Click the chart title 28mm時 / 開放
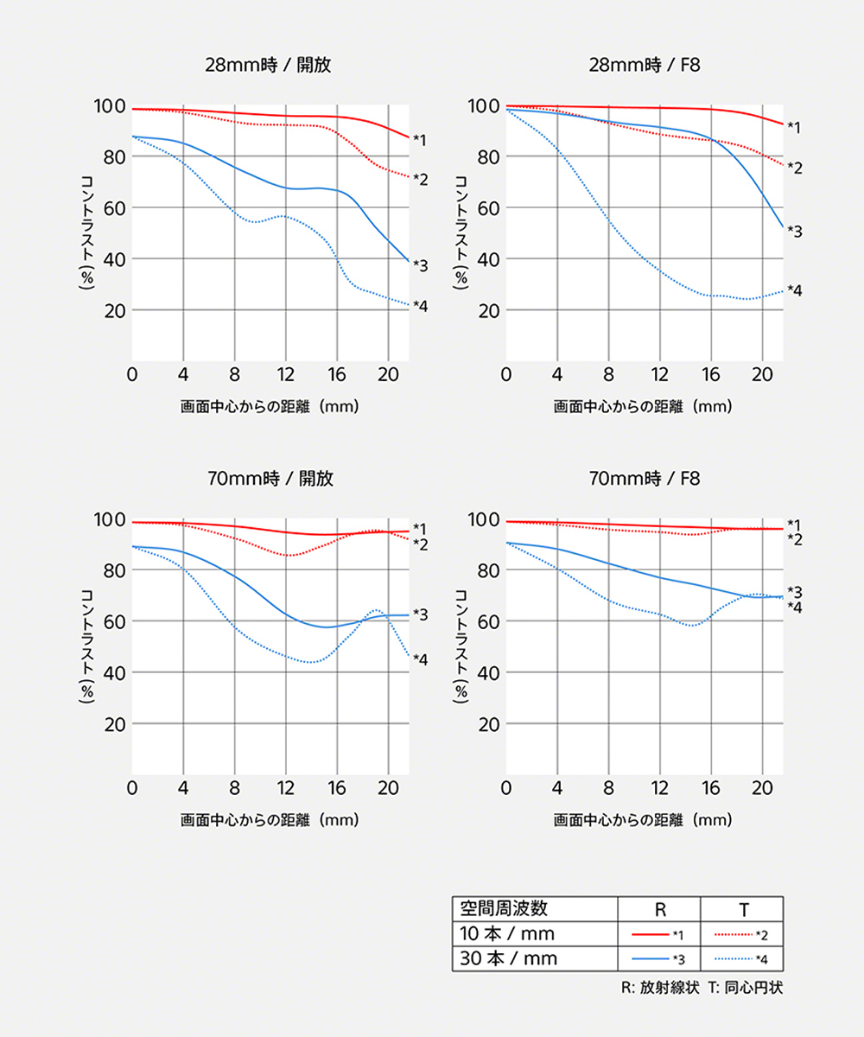coord(269,65)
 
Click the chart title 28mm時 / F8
coord(643,65)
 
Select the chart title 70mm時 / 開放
coord(269,478)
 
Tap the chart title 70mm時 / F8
coord(643,478)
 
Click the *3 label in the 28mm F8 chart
coord(795,232)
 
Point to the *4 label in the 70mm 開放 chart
coord(420,659)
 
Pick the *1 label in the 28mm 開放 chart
coord(420,139)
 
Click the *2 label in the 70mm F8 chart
coord(795,539)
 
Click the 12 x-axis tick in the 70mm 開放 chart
coord(286,787)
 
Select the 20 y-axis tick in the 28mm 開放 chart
coord(114,310)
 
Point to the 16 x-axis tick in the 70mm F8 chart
coord(711,787)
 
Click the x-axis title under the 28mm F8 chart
coord(643,405)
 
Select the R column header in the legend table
coord(659,909)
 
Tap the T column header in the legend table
coord(743,909)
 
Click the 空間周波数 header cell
coord(504,908)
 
